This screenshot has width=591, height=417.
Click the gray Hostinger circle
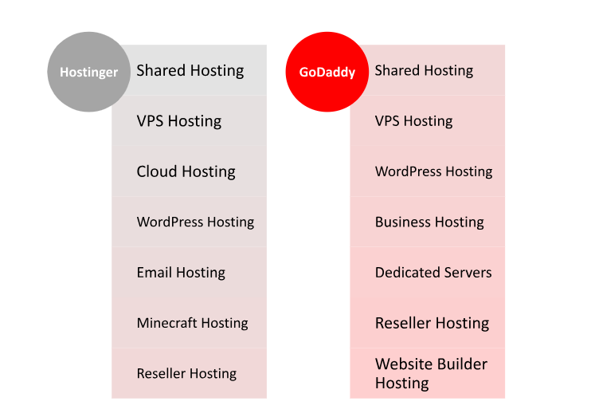89,72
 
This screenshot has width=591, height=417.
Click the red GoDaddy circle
327,72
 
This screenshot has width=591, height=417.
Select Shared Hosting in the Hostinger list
190,71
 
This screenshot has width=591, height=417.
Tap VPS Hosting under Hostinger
179,121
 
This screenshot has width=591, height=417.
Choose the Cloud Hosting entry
186,172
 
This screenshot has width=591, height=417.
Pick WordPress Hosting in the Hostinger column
195,222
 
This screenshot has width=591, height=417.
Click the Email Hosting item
181,273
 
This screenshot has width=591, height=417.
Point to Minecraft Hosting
192,324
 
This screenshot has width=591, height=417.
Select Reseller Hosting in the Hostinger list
186,374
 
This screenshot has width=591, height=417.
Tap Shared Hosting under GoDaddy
424,71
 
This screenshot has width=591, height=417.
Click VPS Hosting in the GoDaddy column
414,121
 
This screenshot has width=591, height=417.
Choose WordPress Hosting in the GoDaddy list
433,171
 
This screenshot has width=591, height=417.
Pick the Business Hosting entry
429,222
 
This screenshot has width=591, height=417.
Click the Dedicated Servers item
433,273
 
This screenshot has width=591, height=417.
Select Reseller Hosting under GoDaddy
432,324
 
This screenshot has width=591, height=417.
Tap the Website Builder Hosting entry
431,374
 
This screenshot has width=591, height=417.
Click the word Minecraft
167,323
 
